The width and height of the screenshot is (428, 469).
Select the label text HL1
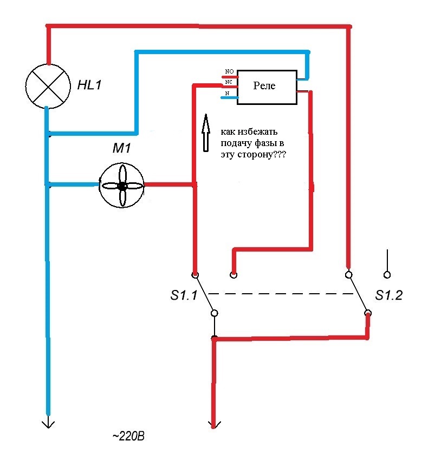click(89, 85)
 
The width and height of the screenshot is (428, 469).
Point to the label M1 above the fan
click(121, 148)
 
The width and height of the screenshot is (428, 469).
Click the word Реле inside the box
click(264, 86)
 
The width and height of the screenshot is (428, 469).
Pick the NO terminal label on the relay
click(229, 71)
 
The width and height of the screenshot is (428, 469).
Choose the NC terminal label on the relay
click(229, 82)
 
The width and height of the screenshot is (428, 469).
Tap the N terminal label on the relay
click(227, 94)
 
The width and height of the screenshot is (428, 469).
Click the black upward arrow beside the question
click(206, 133)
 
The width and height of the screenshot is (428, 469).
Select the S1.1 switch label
click(184, 295)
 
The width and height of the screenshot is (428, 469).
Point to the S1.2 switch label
click(389, 295)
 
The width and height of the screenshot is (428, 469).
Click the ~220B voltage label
click(128, 436)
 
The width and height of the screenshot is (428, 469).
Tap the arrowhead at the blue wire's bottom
click(48, 424)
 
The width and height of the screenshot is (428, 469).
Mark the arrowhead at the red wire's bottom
click(213, 425)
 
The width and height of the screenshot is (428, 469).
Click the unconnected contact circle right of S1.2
click(387, 275)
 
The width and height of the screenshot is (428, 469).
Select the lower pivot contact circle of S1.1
click(215, 313)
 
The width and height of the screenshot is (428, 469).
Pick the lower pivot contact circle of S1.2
click(368, 313)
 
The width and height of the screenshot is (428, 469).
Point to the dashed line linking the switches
click(281, 294)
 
